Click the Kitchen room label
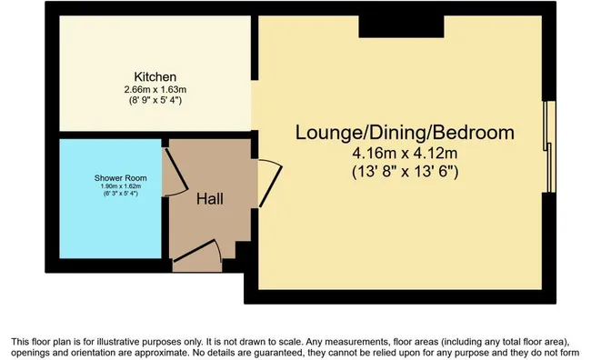point(155,77)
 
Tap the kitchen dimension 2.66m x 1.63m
point(155,90)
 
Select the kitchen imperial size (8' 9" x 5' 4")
point(155,100)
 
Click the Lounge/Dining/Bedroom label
point(405,133)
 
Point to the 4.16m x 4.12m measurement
point(405,154)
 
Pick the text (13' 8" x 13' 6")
point(406,172)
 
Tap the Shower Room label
point(121,178)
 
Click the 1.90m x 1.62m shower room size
point(121,186)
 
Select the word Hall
point(210,199)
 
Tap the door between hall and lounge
point(271,184)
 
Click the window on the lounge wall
point(549,147)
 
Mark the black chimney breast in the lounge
point(401,26)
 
